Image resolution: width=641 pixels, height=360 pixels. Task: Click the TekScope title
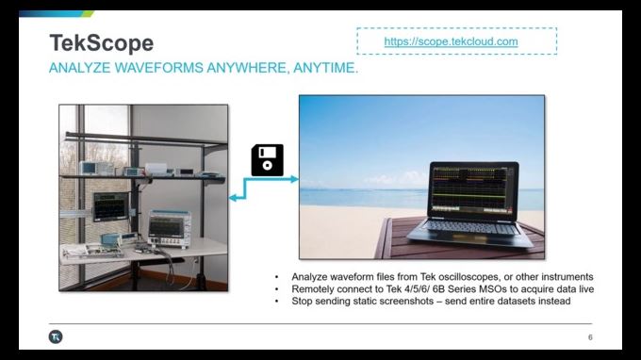tap(101, 42)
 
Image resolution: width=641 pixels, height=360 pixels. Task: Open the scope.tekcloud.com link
tap(451, 42)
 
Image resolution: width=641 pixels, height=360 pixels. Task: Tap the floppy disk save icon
tap(267, 159)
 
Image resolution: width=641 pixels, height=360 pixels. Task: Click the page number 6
tap(590, 336)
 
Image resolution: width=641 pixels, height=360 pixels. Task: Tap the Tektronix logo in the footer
tap(55, 336)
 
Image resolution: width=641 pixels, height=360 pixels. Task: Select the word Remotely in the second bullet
tap(314, 288)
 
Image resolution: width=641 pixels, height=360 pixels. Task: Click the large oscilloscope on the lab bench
tap(170, 227)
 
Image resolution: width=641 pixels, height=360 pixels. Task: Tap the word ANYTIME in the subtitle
tap(326, 69)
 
